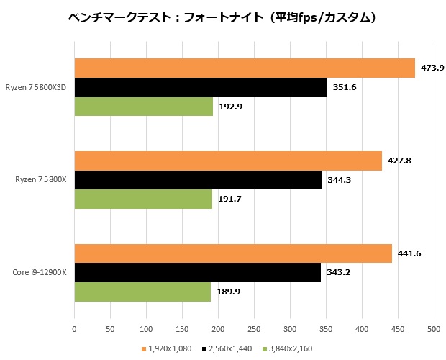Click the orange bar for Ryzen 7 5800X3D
245,68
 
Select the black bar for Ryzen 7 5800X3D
201,87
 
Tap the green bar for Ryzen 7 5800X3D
144,107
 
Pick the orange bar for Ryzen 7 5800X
228,161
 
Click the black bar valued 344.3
198,180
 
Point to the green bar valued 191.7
143,199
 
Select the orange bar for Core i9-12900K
233,254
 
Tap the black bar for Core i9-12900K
198,273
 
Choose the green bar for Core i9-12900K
142,292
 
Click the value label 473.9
432,68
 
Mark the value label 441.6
409,254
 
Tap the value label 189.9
227,292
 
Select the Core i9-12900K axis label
40,273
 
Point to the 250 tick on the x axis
254,328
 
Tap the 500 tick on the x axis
433,328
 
